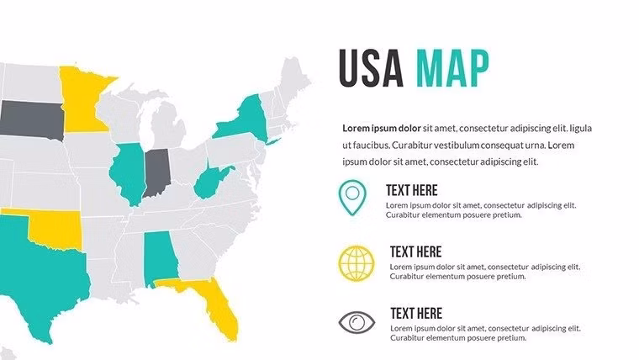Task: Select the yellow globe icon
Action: (356, 262)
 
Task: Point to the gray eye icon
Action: (356, 322)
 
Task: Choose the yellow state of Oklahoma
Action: (59, 225)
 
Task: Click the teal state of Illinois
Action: (127, 172)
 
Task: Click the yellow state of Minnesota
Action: (82, 97)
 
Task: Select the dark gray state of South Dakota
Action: (30, 120)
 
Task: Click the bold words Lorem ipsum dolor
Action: (382, 129)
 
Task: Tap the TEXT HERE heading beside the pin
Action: (411, 190)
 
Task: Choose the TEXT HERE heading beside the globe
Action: (415, 251)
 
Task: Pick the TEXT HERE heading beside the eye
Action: (415, 314)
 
